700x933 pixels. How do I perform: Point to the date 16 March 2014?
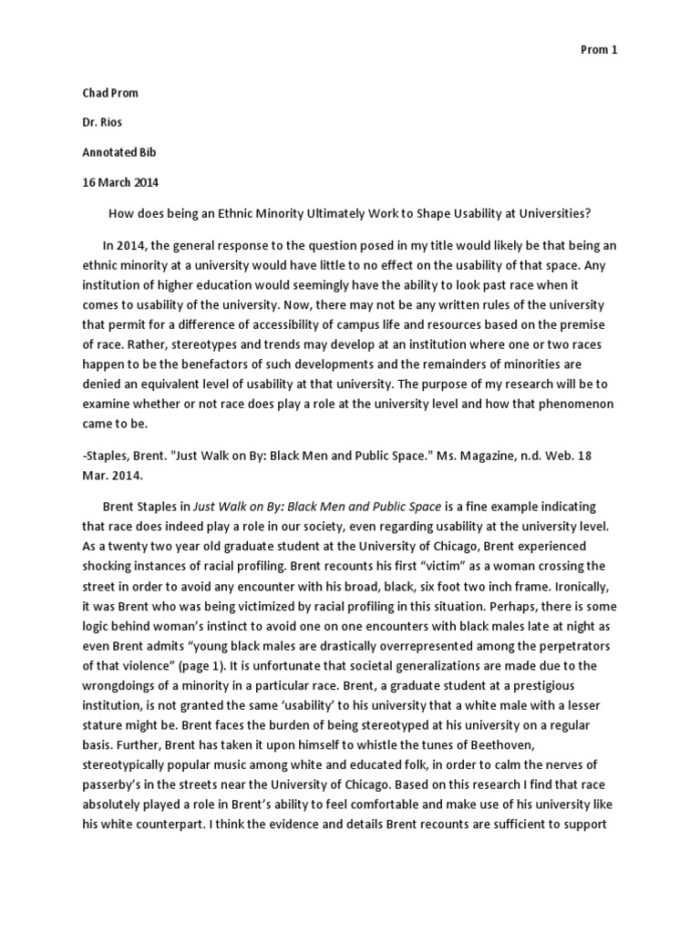[119, 182]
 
